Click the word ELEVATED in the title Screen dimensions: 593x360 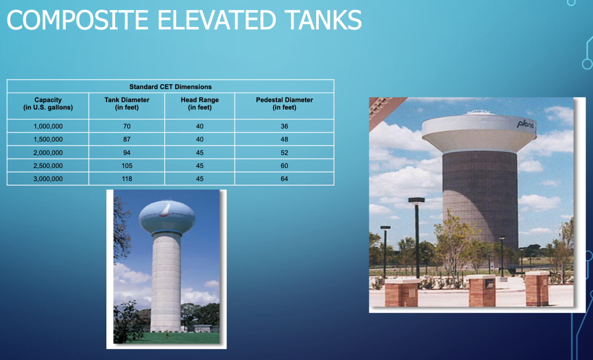tap(217, 20)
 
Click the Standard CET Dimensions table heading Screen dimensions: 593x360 tap(170, 87)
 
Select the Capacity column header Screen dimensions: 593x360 tap(48, 103)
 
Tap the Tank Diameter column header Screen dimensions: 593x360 tap(127, 103)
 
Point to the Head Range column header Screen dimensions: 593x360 tap(200, 103)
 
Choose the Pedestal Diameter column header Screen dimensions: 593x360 tap(284, 103)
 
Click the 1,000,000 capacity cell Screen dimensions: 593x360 tap(48, 126)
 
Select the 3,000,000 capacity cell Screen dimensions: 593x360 tap(48, 179)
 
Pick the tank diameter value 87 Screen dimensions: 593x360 tap(127, 139)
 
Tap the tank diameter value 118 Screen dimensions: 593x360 tap(127, 179)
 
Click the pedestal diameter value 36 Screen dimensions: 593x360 tap(284, 126)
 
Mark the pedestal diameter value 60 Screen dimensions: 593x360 tap(284, 166)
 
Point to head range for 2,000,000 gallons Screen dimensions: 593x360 tap(200, 153)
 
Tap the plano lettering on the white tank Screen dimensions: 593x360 tap(526, 124)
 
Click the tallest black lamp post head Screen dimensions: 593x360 tap(416, 200)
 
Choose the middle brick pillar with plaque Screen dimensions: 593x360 tap(482, 291)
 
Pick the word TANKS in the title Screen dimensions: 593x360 tap(324, 20)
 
